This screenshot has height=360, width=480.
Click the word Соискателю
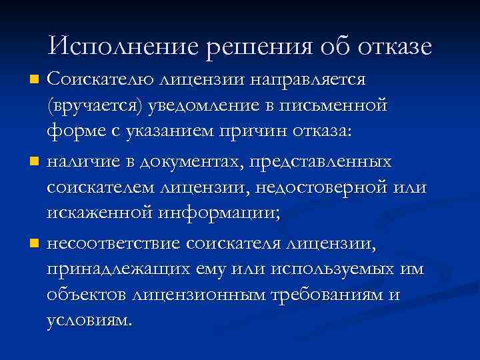[99, 80]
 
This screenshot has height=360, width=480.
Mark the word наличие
[84, 161]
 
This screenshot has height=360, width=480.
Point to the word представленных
[321, 161]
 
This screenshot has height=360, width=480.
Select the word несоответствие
[115, 243]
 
